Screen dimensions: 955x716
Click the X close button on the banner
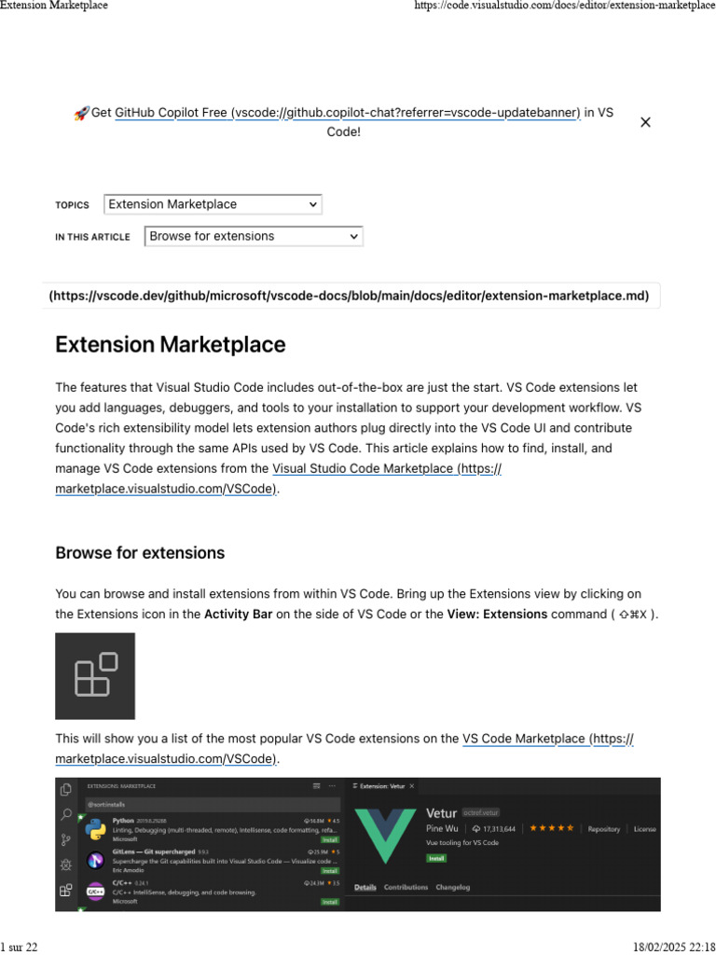[x=645, y=122]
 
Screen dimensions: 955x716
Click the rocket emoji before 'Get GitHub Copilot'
[x=81, y=113]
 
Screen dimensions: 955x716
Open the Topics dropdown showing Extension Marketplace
[x=213, y=204]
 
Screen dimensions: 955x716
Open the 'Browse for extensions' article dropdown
[x=254, y=237]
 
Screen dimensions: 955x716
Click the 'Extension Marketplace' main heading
[x=170, y=345]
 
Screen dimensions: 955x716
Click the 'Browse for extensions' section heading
[x=140, y=553]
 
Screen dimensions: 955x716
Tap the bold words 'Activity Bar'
[x=238, y=615]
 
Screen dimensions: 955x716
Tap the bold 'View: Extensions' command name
[x=497, y=615]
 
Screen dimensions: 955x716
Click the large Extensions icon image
[x=95, y=675]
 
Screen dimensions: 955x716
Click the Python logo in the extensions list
[x=95, y=830]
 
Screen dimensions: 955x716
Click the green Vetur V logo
[x=384, y=835]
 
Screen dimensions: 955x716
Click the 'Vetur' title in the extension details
[x=442, y=813]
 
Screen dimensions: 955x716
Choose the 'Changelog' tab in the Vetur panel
[x=453, y=887]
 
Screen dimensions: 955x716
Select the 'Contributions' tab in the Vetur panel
[x=406, y=887]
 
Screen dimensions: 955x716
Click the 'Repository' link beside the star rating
[x=604, y=828]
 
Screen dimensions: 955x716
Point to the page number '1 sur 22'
[x=20, y=947]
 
